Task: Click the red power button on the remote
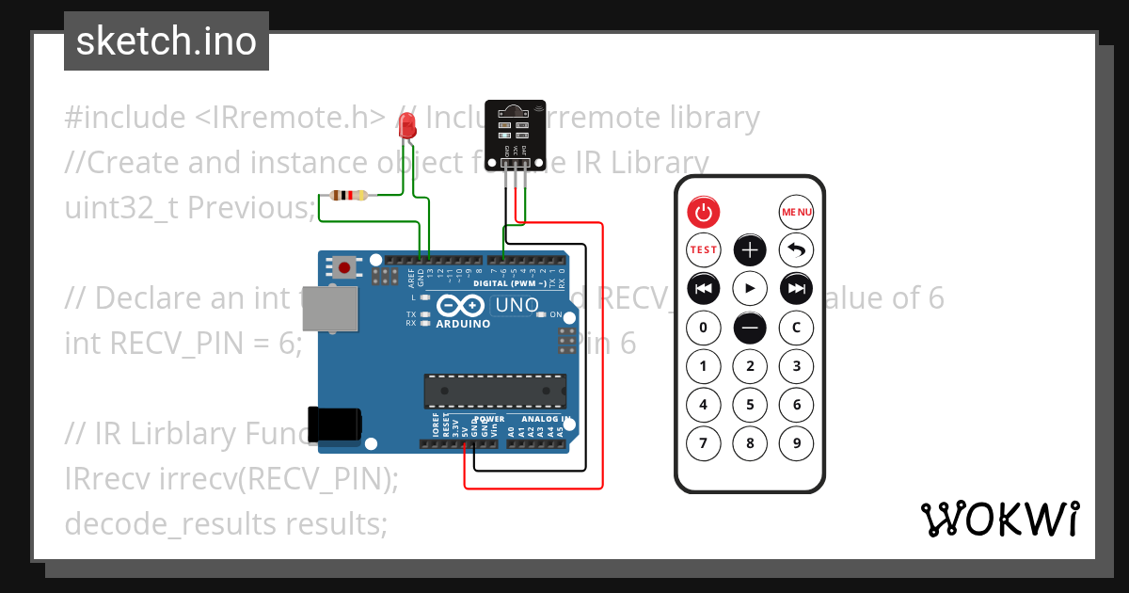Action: point(703,212)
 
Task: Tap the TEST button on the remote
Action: point(703,249)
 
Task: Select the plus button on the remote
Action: point(750,249)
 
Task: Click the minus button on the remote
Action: point(750,328)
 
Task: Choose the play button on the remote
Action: point(750,288)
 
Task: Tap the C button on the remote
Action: point(796,328)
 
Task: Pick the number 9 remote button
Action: point(796,442)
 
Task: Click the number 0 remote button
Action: point(703,328)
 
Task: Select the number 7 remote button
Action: point(703,442)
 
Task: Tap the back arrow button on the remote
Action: point(796,249)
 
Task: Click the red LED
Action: point(407,126)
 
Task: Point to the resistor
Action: point(349,196)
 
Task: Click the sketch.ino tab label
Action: point(167,41)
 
